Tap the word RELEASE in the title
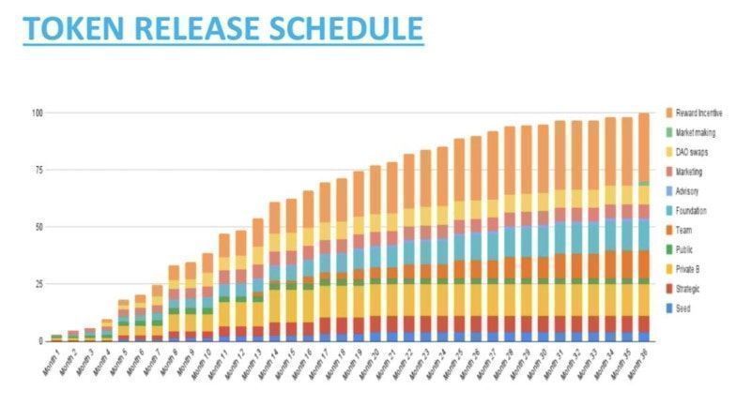(x=196, y=27)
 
